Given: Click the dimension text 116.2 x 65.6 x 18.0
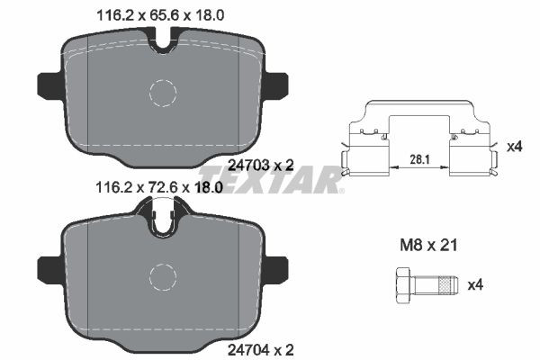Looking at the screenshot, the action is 161,15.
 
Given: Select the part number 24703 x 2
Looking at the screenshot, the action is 261,166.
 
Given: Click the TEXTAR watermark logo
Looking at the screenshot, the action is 272,179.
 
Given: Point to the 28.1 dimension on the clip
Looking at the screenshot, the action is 419,159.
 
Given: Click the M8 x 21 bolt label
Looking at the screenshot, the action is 428,246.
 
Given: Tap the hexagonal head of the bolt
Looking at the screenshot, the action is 405,285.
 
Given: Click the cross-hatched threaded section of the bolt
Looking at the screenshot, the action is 445,285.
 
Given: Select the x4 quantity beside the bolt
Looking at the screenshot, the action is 475,285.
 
